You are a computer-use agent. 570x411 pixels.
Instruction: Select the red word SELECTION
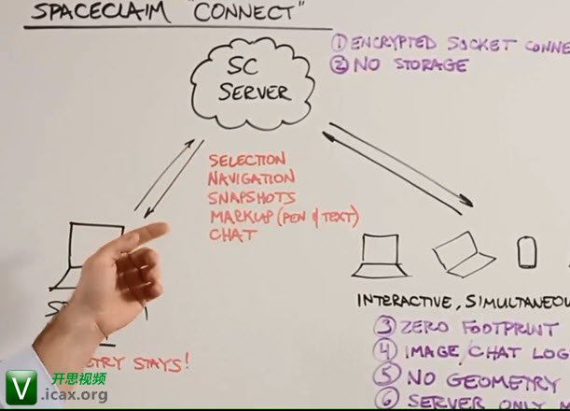248,161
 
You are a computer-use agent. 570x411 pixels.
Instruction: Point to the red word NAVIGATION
252,177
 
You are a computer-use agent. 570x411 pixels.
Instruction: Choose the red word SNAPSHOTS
252,197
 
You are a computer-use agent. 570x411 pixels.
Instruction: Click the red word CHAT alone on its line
233,234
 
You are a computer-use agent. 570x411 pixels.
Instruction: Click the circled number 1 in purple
340,43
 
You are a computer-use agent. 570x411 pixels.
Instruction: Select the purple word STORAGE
431,65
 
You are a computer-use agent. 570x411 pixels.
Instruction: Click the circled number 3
385,327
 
